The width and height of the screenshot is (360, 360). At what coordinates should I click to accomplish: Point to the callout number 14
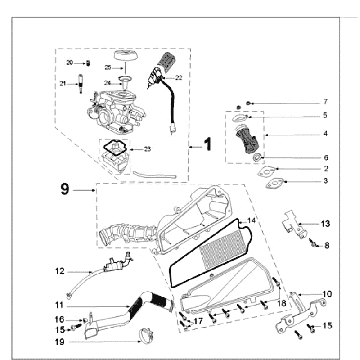click(252, 219)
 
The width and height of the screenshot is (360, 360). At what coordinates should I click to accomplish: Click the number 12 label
click(60, 271)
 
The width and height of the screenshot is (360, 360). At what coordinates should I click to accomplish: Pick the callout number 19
click(59, 341)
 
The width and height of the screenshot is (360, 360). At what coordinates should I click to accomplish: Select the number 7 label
click(325, 103)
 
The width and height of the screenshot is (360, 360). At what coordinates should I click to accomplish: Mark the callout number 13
click(326, 223)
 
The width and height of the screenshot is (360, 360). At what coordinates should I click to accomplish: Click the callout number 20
click(85, 62)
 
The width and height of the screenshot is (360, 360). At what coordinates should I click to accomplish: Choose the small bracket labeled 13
click(292, 221)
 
